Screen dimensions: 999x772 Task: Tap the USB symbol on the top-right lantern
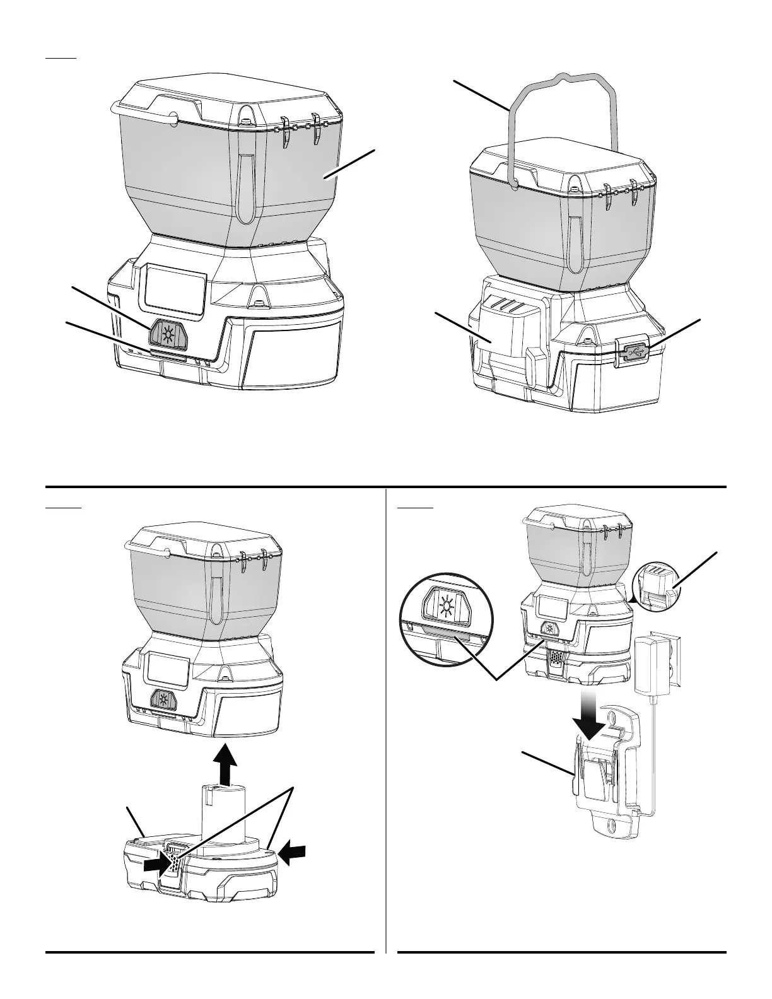632,351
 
